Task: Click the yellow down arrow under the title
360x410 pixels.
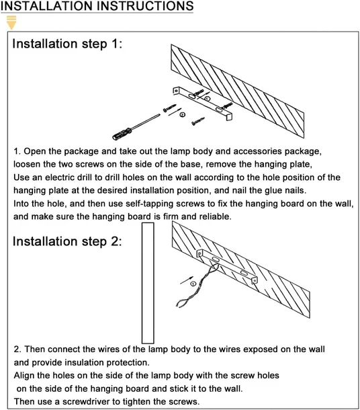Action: pyautogui.click(x=11, y=22)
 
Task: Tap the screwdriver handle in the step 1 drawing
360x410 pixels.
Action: pyautogui.click(x=122, y=133)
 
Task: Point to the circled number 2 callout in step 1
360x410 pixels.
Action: pyautogui.click(x=183, y=114)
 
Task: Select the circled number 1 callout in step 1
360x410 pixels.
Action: pyautogui.click(x=207, y=99)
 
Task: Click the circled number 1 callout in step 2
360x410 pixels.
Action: pyautogui.click(x=193, y=284)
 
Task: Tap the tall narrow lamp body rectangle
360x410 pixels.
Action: pyautogui.click(x=148, y=283)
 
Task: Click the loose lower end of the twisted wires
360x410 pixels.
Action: pyautogui.click(x=178, y=304)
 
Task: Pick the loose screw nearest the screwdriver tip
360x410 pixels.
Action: pyautogui.click(x=169, y=108)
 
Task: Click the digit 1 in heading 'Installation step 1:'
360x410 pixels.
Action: pyautogui.click(x=114, y=44)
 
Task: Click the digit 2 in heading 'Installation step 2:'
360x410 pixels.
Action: pyautogui.click(x=114, y=241)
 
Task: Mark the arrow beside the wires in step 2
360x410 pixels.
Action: pyautogui.click(x=187, y=280)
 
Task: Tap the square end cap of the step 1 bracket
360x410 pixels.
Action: pyautogui.click(x=229, y=117)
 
